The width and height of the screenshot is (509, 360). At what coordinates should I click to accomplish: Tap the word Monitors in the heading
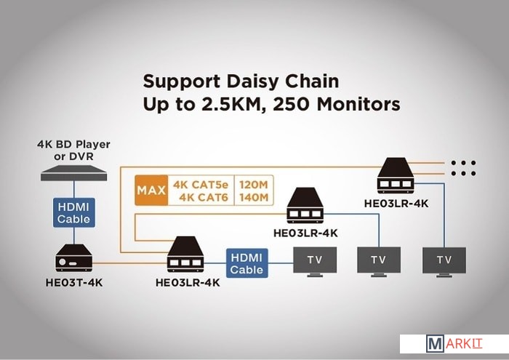[x=359, y=105]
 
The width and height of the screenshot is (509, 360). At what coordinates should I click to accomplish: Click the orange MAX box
[x=151, y=191]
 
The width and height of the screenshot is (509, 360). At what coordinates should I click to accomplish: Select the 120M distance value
[x=254, y=184]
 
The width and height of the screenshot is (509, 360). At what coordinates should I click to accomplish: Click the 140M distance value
[x=254, y=197]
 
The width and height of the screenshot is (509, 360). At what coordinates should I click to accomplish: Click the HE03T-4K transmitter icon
[x=73, y=258]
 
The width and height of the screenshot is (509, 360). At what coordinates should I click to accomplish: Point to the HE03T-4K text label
[x=73, y=282]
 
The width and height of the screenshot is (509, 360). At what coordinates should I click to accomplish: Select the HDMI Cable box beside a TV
[x=247, y=262]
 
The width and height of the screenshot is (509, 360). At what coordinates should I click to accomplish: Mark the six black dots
[x=462, y=168]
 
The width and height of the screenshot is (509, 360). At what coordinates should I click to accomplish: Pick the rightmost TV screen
[x=444, y=260]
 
